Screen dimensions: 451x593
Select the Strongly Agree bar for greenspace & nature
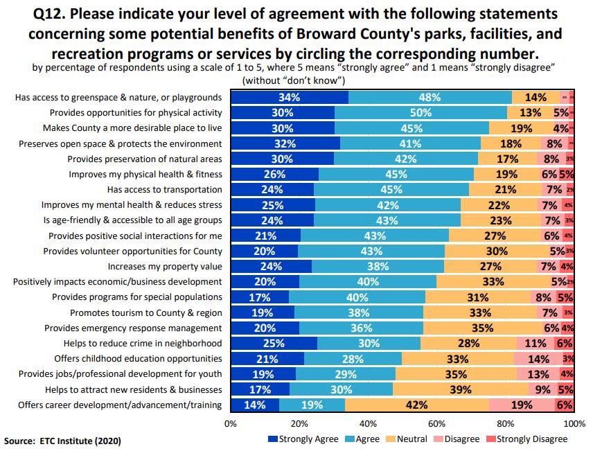[x=290, y=98]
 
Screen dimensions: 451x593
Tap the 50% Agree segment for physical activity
[x=421, y=113]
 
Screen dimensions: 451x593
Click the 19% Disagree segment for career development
[x=521, y=405]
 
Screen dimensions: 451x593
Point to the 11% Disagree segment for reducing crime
[x=536, y=344]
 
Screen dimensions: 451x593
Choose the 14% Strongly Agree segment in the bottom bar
[x=255, y=405]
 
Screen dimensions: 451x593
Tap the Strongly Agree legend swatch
[x=272, y=439]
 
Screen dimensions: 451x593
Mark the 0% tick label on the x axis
[x=231, y=423]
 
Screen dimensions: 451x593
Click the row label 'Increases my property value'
[x=165, y=266]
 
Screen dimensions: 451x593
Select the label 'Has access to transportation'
[x=164, y=190]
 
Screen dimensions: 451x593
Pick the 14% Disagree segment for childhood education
[x=538, y=359]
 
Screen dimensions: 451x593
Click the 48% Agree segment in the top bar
[x=430, y=98]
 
